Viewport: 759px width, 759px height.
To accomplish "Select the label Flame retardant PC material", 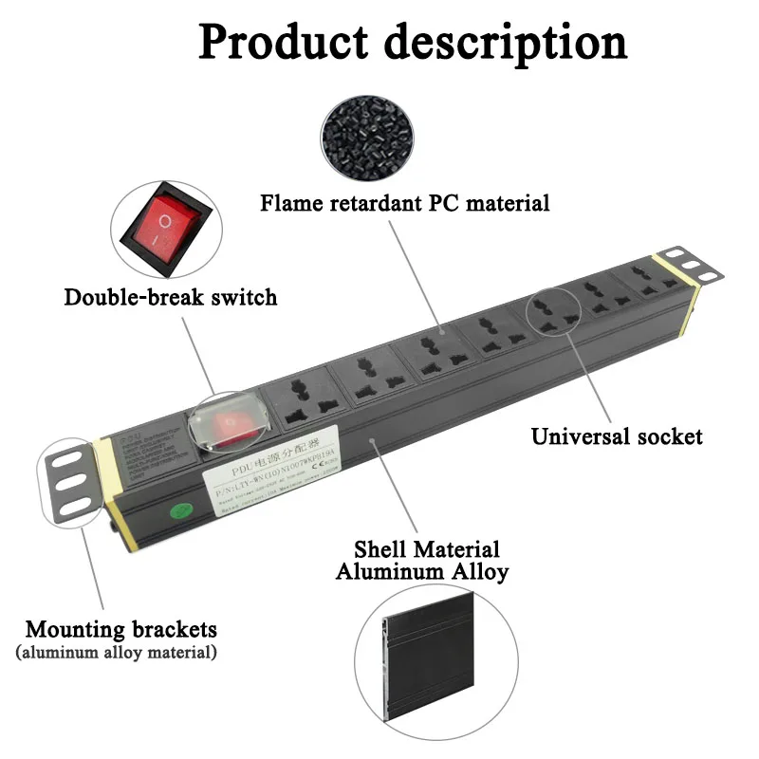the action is pos(405,203).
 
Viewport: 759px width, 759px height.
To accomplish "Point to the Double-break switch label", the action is pos(171,297).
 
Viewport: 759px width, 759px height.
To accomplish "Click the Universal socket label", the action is pos(617,436).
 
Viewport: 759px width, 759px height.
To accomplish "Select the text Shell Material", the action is pos(426,549).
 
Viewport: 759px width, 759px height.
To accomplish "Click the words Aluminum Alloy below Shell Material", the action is pos(422,572).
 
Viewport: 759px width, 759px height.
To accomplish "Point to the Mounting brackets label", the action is pos(120,629).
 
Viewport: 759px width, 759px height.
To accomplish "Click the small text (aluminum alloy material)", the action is pos(116,653).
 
